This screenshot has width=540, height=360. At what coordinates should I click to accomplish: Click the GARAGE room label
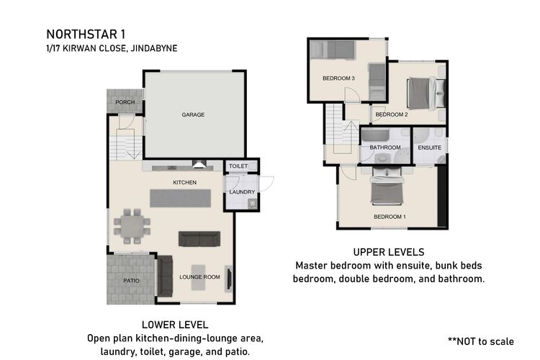click(x=193, y=114)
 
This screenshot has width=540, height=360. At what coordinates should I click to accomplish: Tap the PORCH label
click(x=125, y=102)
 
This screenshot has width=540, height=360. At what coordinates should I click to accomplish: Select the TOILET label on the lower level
click(x=238, y=166)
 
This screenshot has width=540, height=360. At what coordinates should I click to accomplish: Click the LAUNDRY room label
click(x=242, y=192)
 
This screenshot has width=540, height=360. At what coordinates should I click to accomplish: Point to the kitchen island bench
click(x=181, y=198)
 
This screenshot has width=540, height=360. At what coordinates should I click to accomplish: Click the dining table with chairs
click(x=132, y=226)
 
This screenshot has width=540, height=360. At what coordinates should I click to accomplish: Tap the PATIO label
click(x=131, y=281)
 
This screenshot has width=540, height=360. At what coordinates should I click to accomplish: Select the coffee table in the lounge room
click(x=199, y=277)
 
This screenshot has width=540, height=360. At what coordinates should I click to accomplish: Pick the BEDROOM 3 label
click(x=338, y=78)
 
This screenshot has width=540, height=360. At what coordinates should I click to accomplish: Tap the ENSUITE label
click(x=429, y=148)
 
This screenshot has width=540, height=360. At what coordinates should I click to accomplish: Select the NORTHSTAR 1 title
click(x=86, y=35)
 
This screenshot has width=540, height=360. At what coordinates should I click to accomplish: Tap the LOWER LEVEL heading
click(x=175, y=325)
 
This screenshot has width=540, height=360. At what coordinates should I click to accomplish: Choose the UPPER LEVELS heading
click(x=389, y=252)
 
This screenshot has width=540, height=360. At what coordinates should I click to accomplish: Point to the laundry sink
click(x=253, y=204)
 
